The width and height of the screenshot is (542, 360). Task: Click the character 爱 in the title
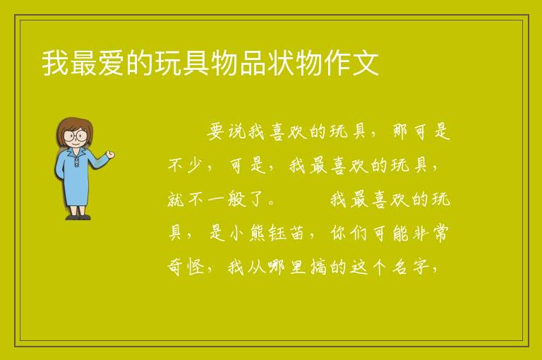[112, 63]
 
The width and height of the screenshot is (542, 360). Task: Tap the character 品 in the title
[252, 63]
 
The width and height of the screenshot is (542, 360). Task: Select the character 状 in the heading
[280, 63]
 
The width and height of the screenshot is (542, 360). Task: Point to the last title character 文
[365, 63]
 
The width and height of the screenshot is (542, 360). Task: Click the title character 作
[337, 63]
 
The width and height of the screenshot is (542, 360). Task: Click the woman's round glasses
[76, 136]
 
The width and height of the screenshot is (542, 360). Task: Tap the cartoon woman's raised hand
[111, 155]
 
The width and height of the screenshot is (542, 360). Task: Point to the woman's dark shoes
[78, 217]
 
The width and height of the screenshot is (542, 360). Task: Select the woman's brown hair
[74, 128]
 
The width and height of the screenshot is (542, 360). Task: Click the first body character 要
[216, 131]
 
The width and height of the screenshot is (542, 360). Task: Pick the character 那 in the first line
[400, 131]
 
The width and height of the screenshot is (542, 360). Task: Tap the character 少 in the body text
[195, 165]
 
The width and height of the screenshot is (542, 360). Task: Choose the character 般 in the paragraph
[236, 199]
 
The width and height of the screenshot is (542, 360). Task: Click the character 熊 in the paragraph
[258, 233]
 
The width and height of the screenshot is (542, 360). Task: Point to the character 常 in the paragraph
[440, 233]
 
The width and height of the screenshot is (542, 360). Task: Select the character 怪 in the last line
[195, 267]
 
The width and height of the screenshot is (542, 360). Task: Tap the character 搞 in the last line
[318, 267]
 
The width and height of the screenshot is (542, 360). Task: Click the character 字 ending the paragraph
[421, 267]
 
